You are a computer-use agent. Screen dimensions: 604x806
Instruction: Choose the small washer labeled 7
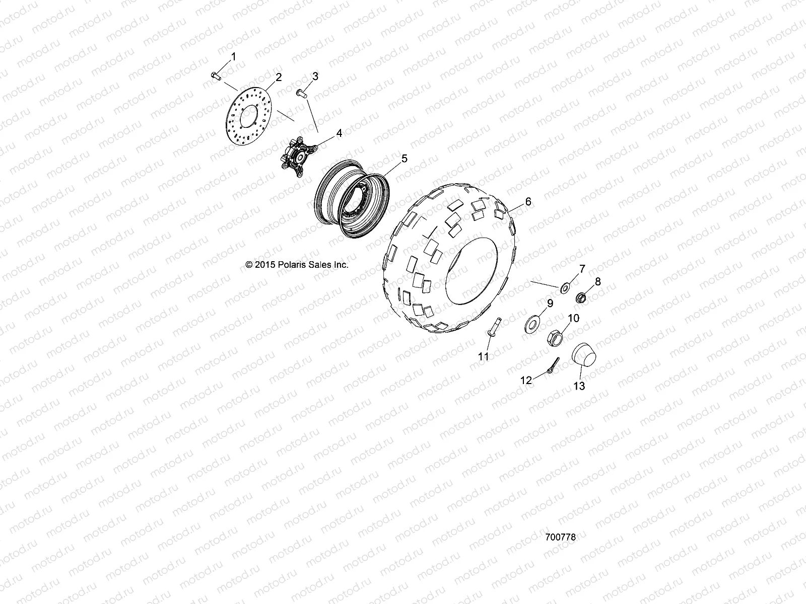[565, 288]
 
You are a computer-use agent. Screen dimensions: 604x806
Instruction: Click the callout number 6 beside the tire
[528, 202]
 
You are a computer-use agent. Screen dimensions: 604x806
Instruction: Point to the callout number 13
[579, 386]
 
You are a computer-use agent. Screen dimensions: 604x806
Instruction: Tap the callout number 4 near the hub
[339, 133]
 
